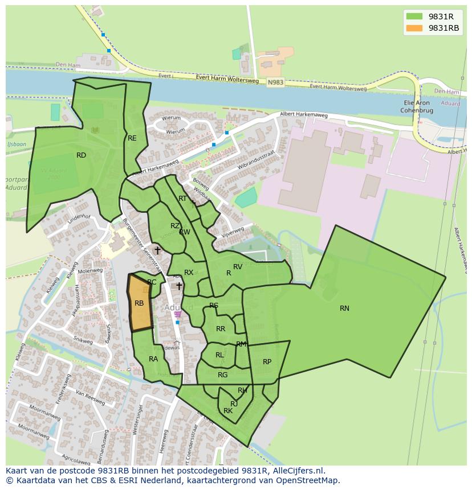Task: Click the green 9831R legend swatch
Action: [414, 17]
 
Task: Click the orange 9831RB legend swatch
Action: [414, 28]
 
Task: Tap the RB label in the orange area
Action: [139, 303]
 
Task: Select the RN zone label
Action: [344, 308]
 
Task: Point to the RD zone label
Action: [82, 155]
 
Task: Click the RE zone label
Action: [132, 138]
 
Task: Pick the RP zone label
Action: [267, 362]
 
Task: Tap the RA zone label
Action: [153, 359]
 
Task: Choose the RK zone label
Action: [228, 411]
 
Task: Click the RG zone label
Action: [222, 375]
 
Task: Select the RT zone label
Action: [182, 199]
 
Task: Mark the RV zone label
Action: [238, 267]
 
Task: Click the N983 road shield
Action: [275, 83]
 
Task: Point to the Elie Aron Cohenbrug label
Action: [415, 106]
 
